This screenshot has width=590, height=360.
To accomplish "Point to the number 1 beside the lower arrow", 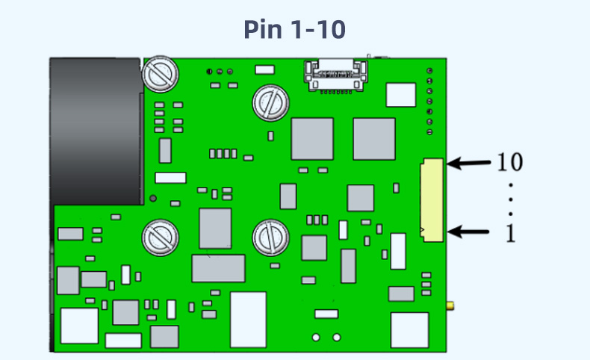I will click(x=511, y=233).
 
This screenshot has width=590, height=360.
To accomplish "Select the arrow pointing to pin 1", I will click(x=471, y=232).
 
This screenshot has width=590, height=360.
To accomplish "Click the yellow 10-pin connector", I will click(x=432, y=199).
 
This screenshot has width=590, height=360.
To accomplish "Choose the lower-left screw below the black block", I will click(x=160, y=238).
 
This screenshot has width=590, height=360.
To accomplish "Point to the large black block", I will click(x=96, y=131).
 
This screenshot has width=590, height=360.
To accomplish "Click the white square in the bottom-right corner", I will click(x=409, y=330).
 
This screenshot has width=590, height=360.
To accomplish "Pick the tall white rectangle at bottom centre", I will click(x=248, y=319).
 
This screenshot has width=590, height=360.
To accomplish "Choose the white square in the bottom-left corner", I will click(x=79, y=326).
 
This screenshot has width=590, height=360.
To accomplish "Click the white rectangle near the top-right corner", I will click(x=400, y=94).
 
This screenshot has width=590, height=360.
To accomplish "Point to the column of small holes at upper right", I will click(x=430, y=101).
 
